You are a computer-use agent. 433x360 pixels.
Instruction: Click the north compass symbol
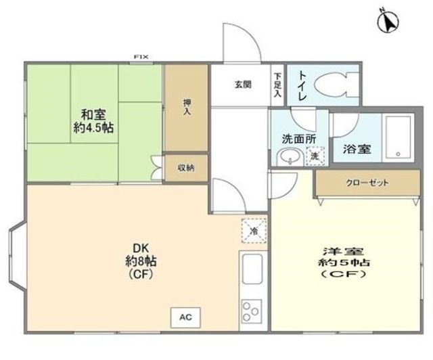point(387,21)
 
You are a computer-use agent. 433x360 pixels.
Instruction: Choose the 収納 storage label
point(186,167)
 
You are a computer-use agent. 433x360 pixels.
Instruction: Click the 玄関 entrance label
point(244,85)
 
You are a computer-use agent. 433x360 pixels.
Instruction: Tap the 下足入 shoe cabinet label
point(277,85)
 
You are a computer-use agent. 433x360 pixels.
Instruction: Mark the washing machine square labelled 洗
point(315,156)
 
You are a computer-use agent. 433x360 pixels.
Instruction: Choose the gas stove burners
point(251,312)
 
